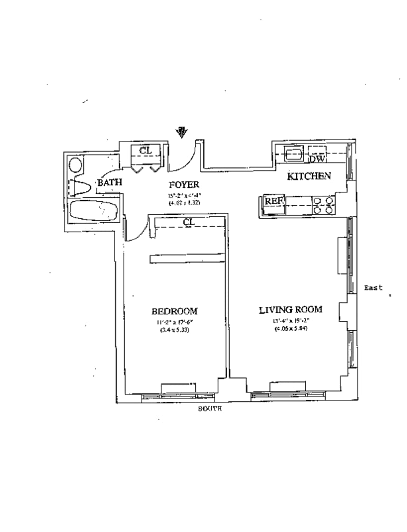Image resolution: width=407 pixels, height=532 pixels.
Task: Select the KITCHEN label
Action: point(309,176)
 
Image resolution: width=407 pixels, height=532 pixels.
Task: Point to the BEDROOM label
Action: point(175,311)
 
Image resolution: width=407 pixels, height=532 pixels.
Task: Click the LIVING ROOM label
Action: point(290,310)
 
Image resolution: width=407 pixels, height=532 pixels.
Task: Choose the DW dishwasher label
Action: point(316,159)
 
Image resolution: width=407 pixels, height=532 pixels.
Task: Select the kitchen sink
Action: point(294,153)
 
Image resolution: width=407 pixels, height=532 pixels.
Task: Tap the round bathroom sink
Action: point(76,165)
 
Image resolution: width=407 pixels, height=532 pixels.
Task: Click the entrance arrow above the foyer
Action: point(181,133)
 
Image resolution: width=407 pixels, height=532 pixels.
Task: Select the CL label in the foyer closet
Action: point(146,150)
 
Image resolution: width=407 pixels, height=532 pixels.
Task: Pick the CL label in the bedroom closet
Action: point(188,222)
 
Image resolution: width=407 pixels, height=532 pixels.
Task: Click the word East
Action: point(373,288)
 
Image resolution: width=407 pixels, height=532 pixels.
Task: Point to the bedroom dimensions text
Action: point(174,326)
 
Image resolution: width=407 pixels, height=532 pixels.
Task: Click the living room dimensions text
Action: point(290,324)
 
